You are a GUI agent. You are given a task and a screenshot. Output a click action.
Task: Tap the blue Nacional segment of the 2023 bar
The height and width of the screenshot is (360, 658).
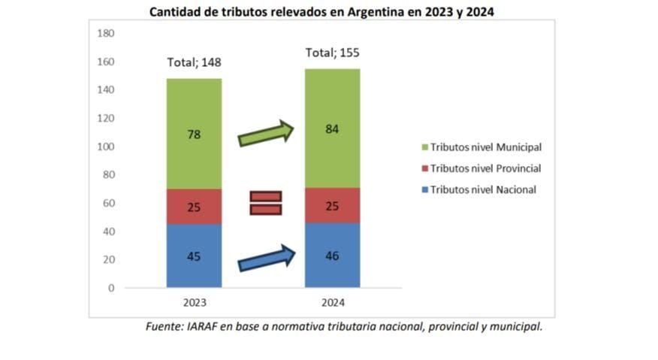pos(194,256)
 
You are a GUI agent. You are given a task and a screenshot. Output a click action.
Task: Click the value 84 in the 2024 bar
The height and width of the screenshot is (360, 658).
pos(332,129)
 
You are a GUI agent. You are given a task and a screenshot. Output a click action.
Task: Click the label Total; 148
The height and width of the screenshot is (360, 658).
pos(194,62)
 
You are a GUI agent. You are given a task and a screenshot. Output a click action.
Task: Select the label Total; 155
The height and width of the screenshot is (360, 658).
pos(332,53)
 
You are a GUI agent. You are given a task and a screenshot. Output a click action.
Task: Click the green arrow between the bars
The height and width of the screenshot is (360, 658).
pos(264,135)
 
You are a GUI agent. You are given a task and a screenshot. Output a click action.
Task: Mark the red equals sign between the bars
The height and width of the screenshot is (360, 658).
pos(265,202)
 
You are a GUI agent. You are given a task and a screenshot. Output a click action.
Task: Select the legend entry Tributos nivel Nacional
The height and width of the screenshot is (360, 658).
pos(484,189)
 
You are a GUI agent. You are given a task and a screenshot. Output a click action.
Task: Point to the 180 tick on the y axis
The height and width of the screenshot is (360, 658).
pos(105,33)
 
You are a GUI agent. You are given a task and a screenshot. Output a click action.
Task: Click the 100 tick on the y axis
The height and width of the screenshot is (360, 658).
pos(105,147)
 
